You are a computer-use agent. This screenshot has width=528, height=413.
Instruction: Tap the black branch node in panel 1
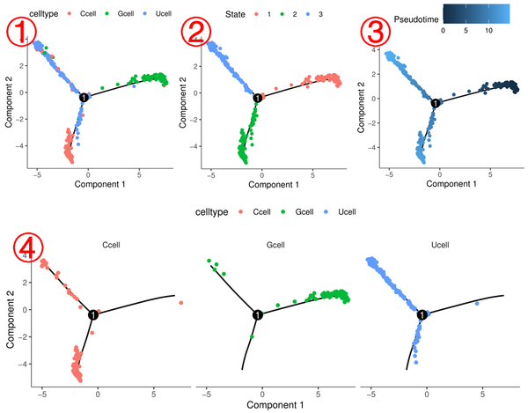coord(83,97)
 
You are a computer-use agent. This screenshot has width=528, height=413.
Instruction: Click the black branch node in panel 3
coord(435,103)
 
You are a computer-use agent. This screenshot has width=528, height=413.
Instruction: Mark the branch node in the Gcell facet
coord(257,314)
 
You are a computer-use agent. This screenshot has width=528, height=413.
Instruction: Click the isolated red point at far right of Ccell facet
coord(180,303)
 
